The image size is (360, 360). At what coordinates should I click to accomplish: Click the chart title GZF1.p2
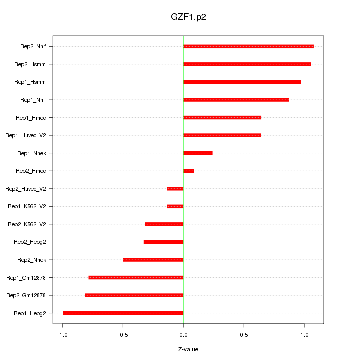click(188, 17)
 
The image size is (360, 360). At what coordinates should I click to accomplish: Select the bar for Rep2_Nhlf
click(248, 46)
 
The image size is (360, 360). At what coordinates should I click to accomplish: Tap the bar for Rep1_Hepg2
click(123, 313)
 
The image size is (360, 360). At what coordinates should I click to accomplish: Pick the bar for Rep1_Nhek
click(198, 153)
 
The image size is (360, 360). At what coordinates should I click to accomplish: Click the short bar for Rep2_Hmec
click(189, 171)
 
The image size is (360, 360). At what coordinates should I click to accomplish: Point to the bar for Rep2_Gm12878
click(134, 295)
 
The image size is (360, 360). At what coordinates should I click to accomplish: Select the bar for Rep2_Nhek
click(153, 260)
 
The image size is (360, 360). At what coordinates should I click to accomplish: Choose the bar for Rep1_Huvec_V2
click(222, 135)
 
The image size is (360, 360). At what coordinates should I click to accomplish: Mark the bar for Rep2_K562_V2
click(164, 224)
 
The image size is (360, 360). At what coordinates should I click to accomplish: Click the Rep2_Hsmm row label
click(30, 64)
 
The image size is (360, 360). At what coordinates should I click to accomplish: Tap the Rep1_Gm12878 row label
click(26, 278)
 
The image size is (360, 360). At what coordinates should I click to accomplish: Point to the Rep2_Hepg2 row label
click(30, 242)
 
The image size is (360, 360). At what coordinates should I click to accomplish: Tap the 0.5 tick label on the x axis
click(244, 334)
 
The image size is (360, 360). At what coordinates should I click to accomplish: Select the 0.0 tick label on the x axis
click(183, 334)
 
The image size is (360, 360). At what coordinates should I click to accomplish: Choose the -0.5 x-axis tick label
click(123, 334)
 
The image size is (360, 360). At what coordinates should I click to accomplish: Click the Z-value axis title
click(188, 349)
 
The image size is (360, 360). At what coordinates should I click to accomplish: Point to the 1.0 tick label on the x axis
click(304, 334)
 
